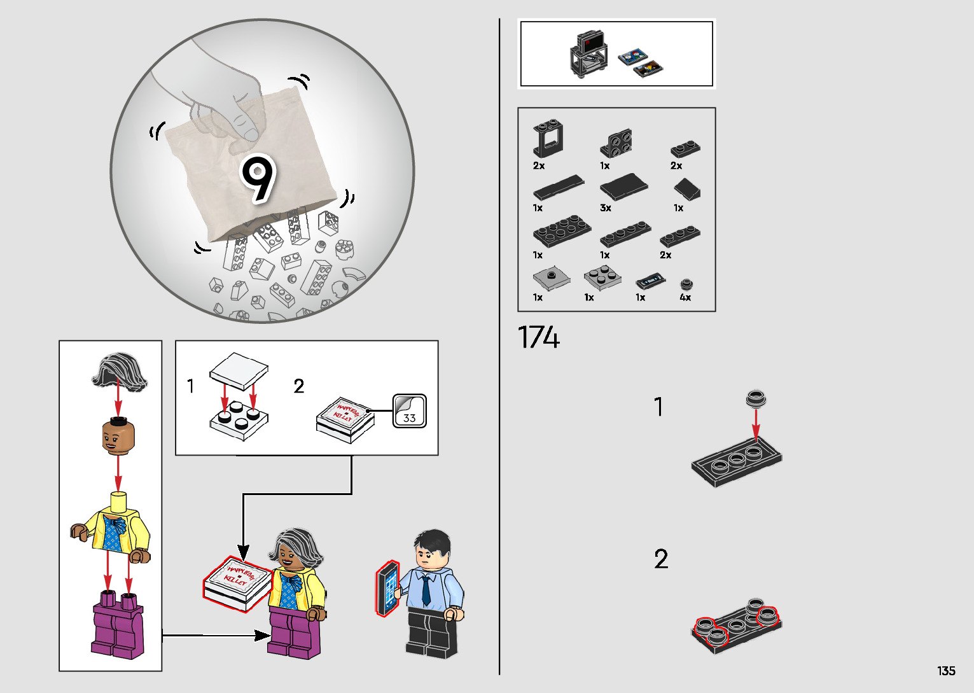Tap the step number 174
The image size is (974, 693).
coord(538,337)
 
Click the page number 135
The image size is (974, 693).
coord(946,671)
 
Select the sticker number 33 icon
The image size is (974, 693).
coord(409,411)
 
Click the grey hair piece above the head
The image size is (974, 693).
coord(119,372)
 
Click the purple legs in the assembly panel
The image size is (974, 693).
coord(118,624)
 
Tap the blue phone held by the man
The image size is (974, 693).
coord(387,589)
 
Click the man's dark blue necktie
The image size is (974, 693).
coord(426,589)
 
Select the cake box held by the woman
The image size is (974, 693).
coord(237,584)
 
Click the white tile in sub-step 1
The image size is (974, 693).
coord(239,371)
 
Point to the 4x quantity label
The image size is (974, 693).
coord(685,297)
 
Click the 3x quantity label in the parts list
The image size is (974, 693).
coord(605,208)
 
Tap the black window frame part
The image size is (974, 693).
coord(548,138)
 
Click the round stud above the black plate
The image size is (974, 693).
coord(756,399)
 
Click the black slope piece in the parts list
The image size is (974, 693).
coord(687,189)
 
